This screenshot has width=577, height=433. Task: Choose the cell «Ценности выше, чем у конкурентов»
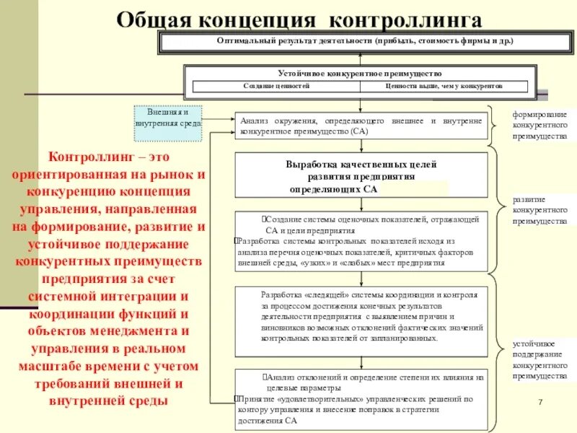444,86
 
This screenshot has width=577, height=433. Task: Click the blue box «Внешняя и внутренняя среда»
168,118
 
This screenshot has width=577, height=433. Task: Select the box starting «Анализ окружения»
361,127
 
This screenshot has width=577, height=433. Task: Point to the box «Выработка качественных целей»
361,175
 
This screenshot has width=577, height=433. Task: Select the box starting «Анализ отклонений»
361,398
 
